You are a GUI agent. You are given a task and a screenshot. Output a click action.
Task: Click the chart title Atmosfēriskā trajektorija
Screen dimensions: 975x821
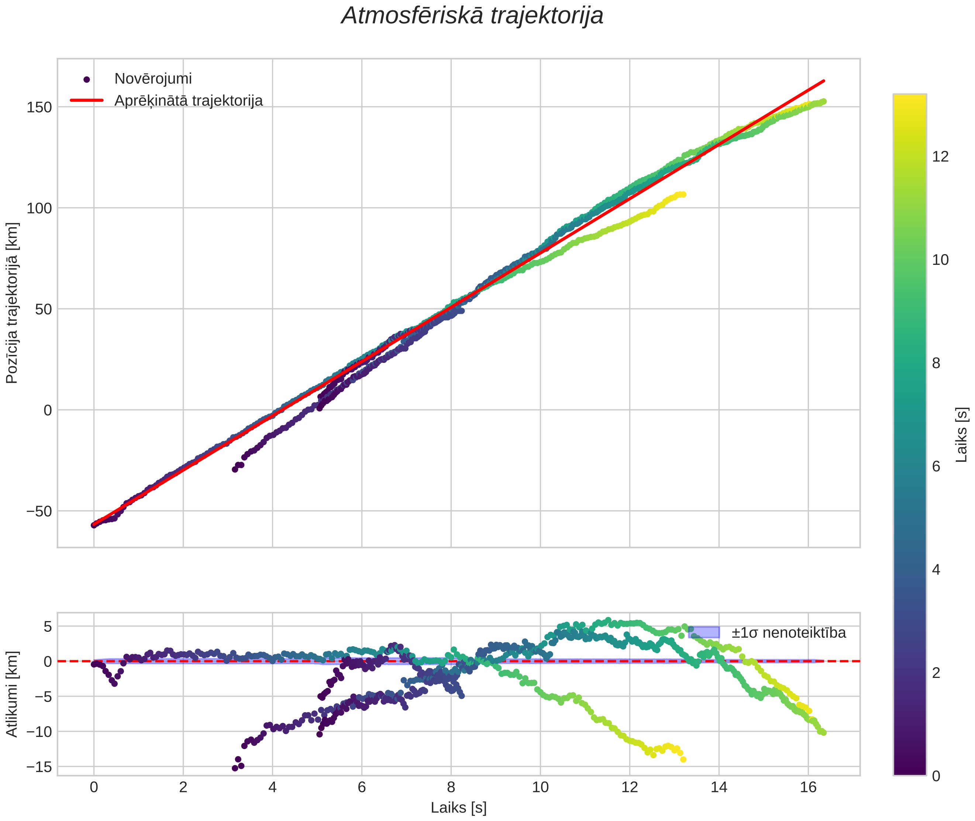coord(472,16)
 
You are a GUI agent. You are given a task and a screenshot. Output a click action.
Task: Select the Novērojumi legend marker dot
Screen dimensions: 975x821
coord(86,80)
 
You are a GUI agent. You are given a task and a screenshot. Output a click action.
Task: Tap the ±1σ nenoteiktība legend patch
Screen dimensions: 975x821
coord(703,632)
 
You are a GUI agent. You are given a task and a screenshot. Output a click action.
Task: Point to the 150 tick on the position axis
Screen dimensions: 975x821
coord(39,107)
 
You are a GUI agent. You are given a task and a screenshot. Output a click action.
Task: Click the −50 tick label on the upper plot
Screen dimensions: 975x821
coord(39,511)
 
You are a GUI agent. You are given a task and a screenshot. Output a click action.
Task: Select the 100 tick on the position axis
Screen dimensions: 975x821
coord(39,208)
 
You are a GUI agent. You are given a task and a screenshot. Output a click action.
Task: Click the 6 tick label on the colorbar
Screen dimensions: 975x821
coord(936,466)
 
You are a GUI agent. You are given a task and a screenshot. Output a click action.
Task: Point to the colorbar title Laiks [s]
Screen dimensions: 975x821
coord(961,435)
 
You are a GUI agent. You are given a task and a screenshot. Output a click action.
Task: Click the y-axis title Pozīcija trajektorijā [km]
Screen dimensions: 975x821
coord(12,303)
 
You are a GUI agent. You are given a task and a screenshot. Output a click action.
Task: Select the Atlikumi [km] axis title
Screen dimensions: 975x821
coord(12,694)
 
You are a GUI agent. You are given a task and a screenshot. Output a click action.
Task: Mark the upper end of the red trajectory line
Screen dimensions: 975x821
coord(824,81)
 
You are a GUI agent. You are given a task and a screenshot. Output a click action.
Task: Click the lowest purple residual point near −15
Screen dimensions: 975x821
coord(235,768)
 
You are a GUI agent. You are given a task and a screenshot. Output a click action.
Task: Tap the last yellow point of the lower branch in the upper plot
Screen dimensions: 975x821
coord(683,194)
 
